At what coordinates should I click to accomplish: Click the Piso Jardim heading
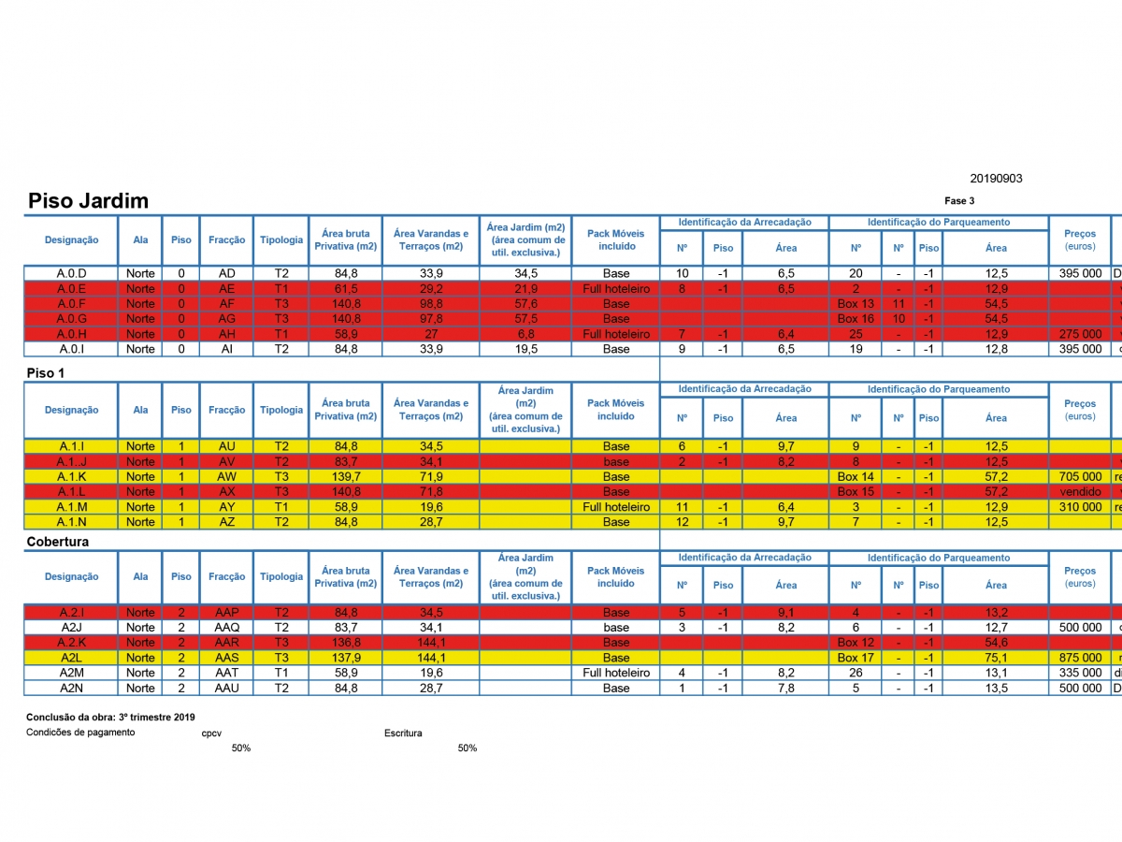click(88, 201)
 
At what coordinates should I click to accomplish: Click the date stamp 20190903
click(997, 179)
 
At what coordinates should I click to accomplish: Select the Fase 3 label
click(959, 201)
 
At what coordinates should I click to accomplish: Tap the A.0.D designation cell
click(71, 273)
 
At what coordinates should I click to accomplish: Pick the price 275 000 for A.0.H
click(1079, 334)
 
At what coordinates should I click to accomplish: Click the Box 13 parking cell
click(856, 304)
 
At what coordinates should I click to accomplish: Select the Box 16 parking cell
click(856, 319)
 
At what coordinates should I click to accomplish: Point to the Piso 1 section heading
click(51, 372)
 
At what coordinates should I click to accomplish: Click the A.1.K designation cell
click(71, 476)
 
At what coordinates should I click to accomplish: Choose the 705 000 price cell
click(1079, 476)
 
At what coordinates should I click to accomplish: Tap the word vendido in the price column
click(1079, 491)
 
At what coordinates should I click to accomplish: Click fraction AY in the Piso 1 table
click(227, 506)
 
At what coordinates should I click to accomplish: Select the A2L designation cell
click(71, 658)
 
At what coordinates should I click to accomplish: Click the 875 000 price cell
click(1079, 658)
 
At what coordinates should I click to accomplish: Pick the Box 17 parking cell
click(856, 658)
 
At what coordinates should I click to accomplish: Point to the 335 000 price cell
click(1079, 673)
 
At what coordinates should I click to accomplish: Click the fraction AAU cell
click(227, 688)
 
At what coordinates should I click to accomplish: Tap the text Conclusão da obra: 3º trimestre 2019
click(110, 717)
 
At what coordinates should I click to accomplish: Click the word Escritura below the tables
click(403, 733)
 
